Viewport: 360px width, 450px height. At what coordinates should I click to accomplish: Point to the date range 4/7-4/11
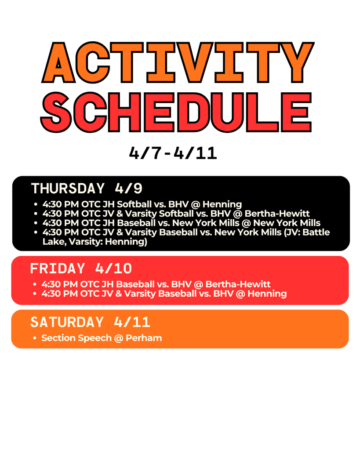(173, 153)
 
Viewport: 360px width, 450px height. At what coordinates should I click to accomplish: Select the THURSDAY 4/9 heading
(87, 189)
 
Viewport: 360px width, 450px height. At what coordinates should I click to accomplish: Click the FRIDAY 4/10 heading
(81, 268)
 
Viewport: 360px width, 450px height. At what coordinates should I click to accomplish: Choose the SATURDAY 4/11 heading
(90, 322)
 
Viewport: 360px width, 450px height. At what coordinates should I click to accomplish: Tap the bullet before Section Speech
(35, 338)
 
